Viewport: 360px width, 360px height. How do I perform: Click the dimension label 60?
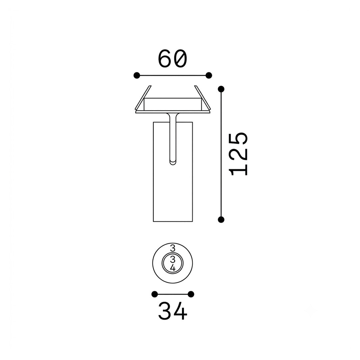point(173,59)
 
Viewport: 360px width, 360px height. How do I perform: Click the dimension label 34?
point(173,311)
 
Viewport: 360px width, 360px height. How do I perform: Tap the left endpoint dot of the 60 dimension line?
point(137,75)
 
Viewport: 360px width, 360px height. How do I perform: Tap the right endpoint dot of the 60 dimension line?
point(209,75)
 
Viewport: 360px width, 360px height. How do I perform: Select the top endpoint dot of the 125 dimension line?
point(221,89)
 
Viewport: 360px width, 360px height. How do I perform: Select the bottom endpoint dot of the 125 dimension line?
point(221,220)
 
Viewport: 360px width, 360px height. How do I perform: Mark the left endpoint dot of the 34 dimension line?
point(155,294)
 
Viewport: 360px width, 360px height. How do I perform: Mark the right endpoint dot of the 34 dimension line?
point(191,294)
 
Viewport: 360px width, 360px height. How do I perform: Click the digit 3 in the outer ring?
point(173,248)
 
